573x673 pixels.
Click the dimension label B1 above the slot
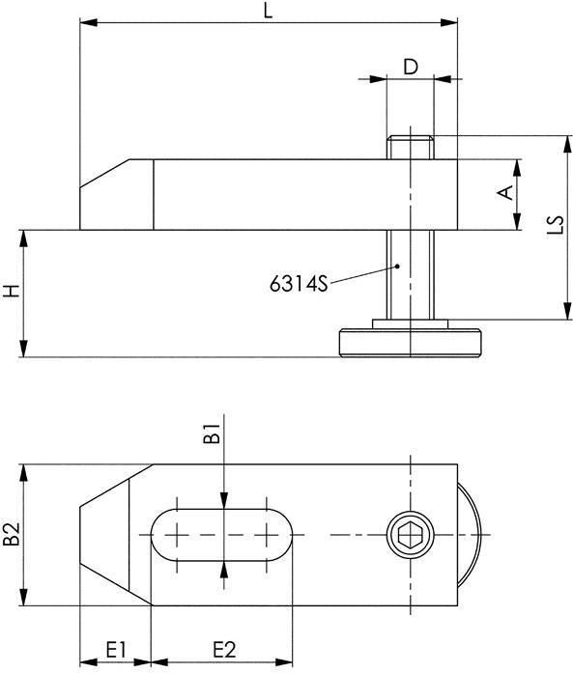215,435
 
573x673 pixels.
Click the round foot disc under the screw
410,343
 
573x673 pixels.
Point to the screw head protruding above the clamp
410,148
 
